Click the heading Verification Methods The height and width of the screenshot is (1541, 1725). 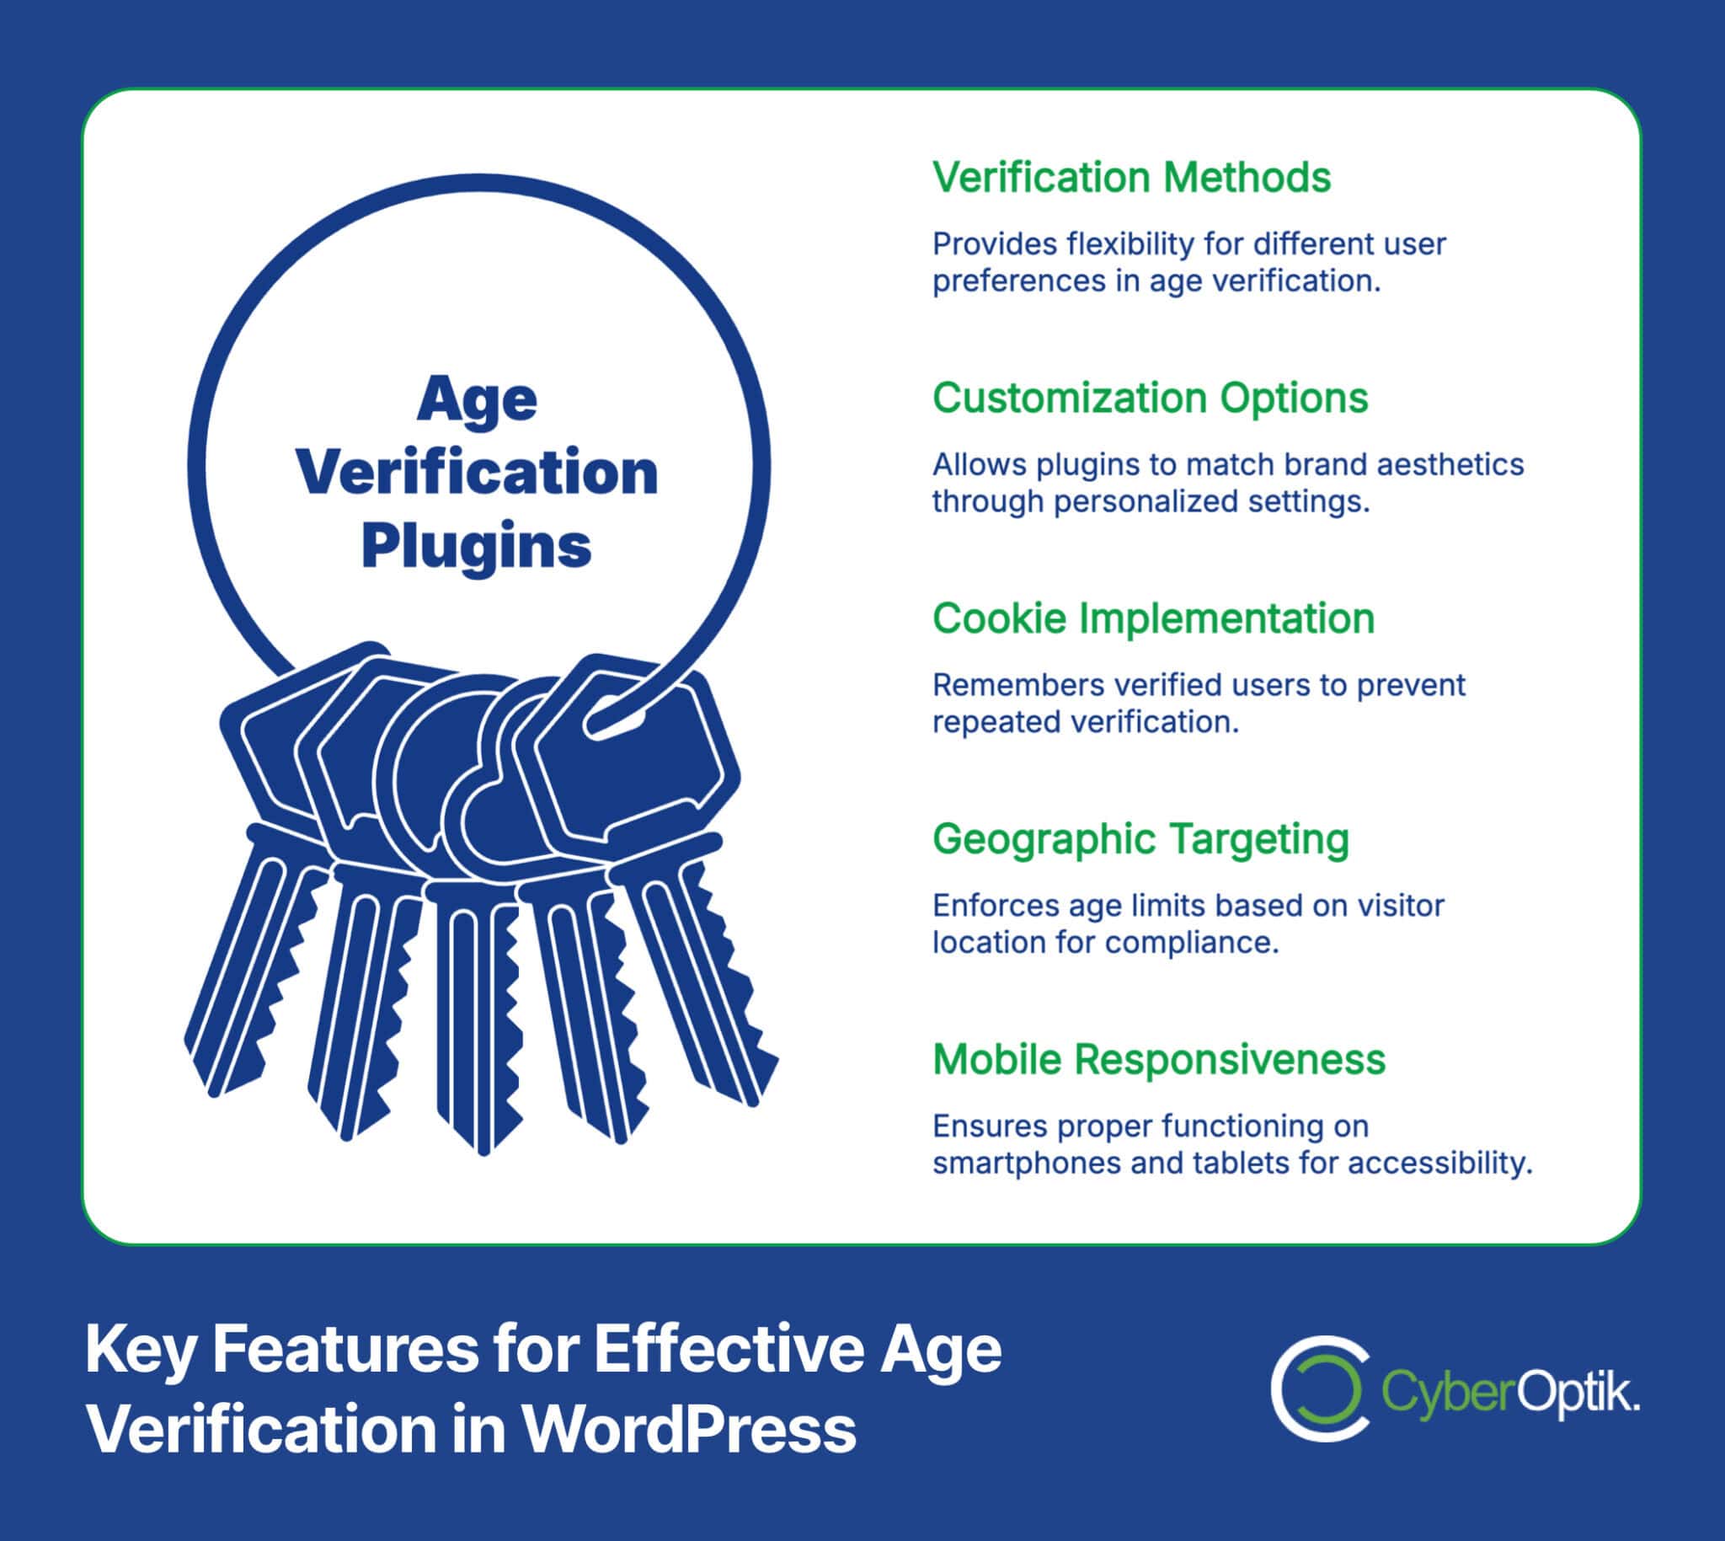(1131, 178)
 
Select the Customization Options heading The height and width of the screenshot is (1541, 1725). (1150, 398)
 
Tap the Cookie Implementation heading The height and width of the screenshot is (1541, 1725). (1153, 619)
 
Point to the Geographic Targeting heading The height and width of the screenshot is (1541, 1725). (1140, 839)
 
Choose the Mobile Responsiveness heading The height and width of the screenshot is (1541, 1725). (1158, 1060)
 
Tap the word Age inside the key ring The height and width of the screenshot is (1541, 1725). (477, 399)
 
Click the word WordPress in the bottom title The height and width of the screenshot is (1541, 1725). (687, 1430)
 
